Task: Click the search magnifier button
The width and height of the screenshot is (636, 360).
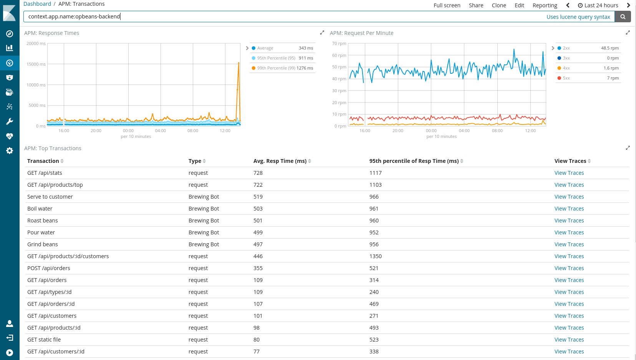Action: pos(623,17)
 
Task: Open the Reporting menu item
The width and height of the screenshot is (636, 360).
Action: pos(545,5)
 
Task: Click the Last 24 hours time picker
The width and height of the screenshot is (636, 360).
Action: pos(598,5)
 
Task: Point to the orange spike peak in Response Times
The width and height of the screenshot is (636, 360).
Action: pos(239,63)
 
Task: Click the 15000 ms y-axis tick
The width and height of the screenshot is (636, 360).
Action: pos(36,64)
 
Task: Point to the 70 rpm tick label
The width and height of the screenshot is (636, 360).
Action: pos(339,43)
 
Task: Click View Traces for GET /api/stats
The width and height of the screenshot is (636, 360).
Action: pos(569,173)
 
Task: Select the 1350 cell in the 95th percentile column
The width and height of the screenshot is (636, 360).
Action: pos(375,256)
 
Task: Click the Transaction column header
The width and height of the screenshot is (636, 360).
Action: pos(43,161)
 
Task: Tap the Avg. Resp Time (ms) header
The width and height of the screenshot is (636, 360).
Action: pos(280,161)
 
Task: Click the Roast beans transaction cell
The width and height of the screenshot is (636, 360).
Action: pos(43,221)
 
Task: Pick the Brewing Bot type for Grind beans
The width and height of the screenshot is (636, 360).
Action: pos(204,244)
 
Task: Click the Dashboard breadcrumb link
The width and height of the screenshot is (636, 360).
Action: pos(37,4)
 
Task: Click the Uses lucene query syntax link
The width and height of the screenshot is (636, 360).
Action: pos(578,17)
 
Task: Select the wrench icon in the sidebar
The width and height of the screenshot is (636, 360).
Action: pos(10,121)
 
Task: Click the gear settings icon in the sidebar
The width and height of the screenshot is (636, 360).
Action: pos(10,151)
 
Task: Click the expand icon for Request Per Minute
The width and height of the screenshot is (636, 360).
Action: pos(628,33)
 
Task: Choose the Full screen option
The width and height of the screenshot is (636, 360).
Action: pos(447,5)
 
